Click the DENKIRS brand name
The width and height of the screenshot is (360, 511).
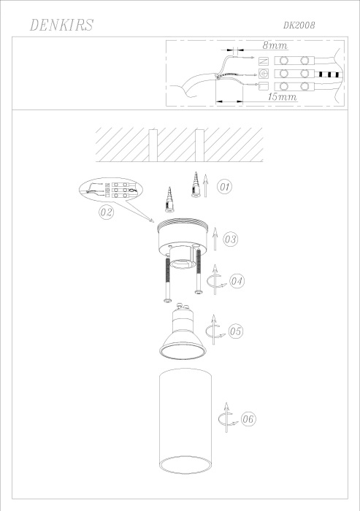61,26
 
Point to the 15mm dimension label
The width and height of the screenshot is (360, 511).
281,96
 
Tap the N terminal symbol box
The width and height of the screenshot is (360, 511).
264,61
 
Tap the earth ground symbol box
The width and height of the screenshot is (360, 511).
264,73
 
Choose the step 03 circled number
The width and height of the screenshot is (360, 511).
230,239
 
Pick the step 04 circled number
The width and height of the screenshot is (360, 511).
236,281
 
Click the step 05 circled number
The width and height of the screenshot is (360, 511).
235,330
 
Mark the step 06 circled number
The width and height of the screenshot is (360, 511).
247,420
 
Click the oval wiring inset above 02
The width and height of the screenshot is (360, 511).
110,191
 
